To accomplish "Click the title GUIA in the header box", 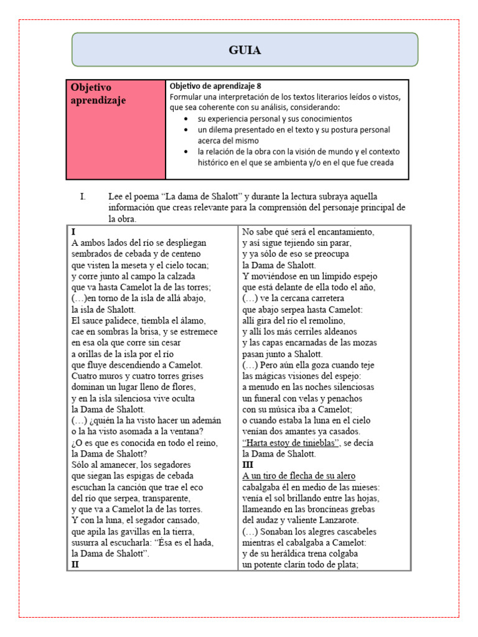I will click(244, 50).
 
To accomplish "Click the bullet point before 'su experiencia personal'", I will click(187, 119).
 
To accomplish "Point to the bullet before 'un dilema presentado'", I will click(187, 130).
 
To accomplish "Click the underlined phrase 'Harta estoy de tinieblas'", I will click(291, 442).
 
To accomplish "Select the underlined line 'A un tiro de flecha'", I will click(299, 476).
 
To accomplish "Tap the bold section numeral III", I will click(248, 465).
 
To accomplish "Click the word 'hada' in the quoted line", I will click(202, 542).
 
